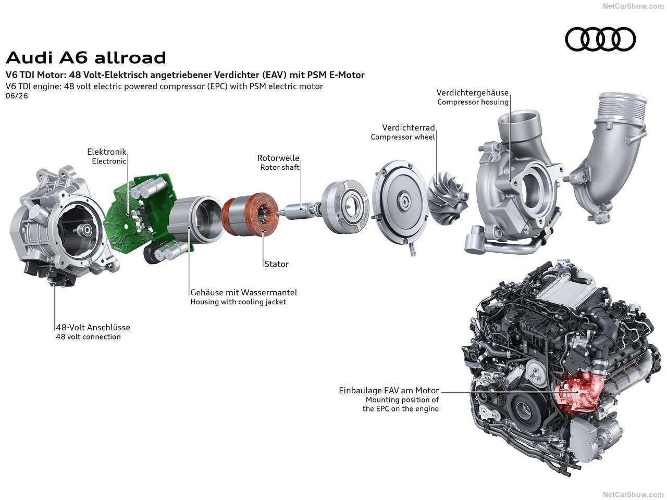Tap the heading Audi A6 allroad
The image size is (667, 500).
coord(86,58)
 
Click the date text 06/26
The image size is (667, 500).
coord(17,96)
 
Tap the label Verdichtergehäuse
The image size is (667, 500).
coord(472,93)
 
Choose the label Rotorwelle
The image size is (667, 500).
coord(278,158)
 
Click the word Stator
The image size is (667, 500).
coord(276,264)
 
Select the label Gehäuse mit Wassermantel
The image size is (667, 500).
coord(244,292)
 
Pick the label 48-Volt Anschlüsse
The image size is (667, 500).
coord(93,327)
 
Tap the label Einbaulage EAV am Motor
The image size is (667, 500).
coord(389,391)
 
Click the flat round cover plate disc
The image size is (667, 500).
coord(400,204)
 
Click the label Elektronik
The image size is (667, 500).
coord(106,152)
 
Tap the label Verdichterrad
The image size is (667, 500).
coord(409,128)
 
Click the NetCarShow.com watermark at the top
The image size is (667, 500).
coord(633,6)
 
